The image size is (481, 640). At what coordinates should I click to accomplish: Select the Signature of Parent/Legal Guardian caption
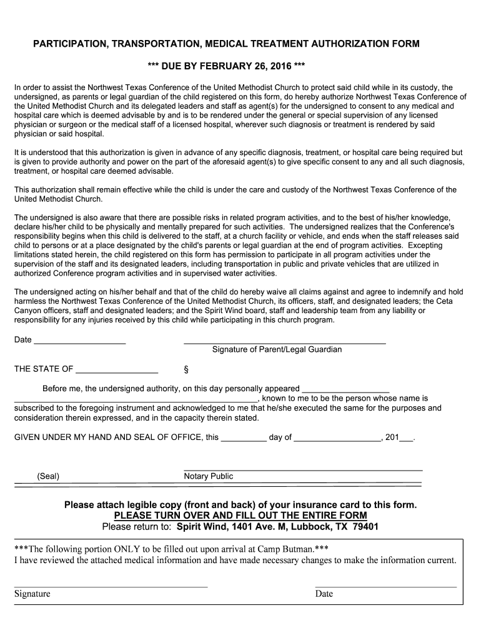277,349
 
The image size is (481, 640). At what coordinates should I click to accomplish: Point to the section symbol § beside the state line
186,369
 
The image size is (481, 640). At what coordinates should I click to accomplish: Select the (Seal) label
48,476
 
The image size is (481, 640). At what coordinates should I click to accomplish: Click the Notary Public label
209,476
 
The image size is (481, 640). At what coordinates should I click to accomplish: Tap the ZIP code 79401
365,526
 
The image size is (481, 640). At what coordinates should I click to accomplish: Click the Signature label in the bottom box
32,594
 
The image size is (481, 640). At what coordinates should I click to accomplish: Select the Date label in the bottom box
324,594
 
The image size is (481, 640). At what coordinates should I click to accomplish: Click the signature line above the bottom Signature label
111,587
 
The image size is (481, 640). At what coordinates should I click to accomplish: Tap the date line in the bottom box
386,587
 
